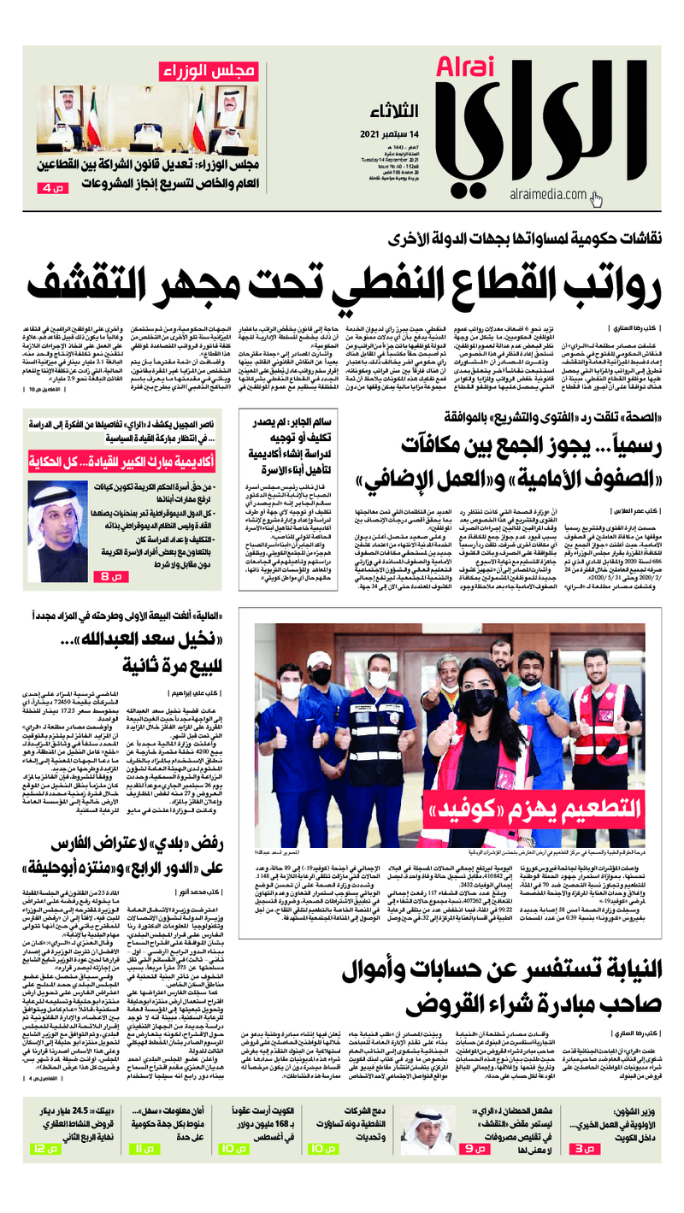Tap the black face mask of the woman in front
pyautogui.click(x=480, y=680)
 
